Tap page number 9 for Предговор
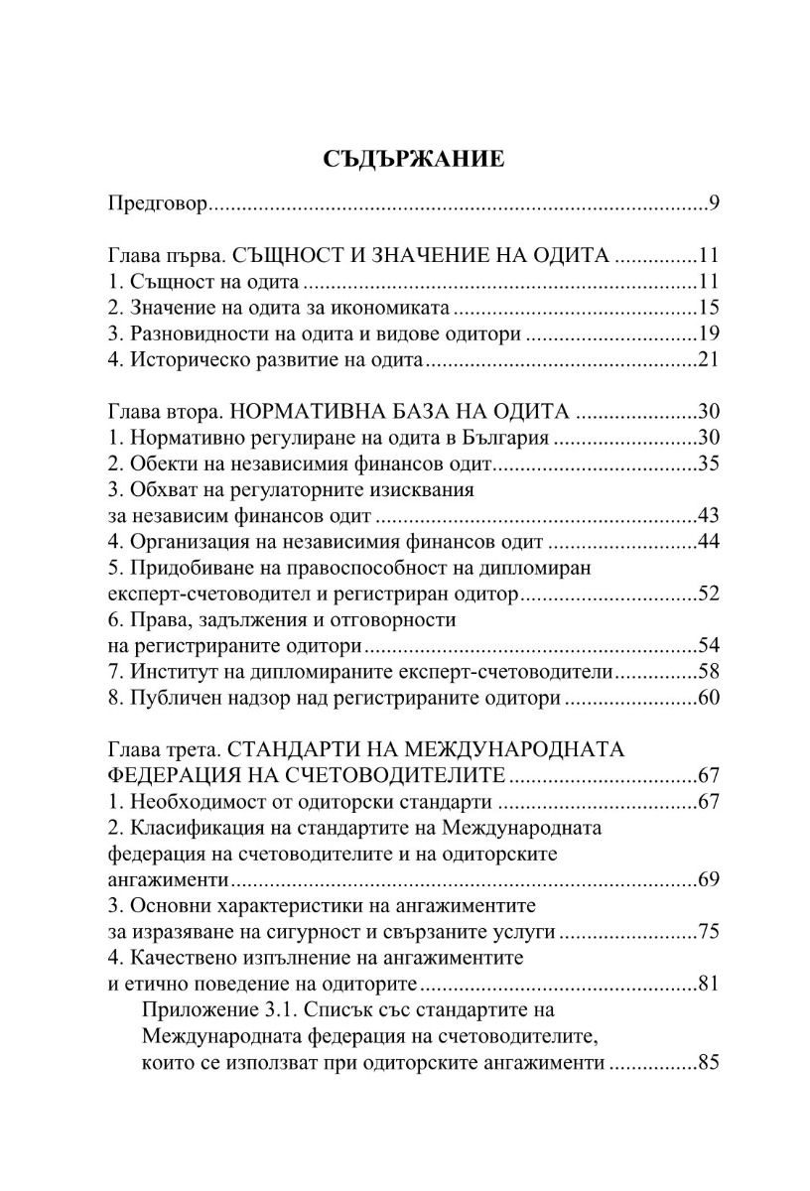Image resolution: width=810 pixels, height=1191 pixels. coord(714,205)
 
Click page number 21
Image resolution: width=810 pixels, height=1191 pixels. coord(708,359)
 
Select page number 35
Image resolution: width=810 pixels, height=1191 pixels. coord(708,463)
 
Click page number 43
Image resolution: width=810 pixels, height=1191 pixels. coord(708,515)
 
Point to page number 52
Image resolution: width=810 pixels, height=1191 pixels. coord(708,595)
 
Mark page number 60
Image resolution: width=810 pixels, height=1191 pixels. coord(708,699)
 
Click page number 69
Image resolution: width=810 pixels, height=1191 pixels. coord(708,880)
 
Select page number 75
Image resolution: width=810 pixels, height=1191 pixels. coord(708,932)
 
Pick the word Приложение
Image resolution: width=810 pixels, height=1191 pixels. coord(201,1010)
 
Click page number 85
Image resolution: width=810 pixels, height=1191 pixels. coord(708,1062)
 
